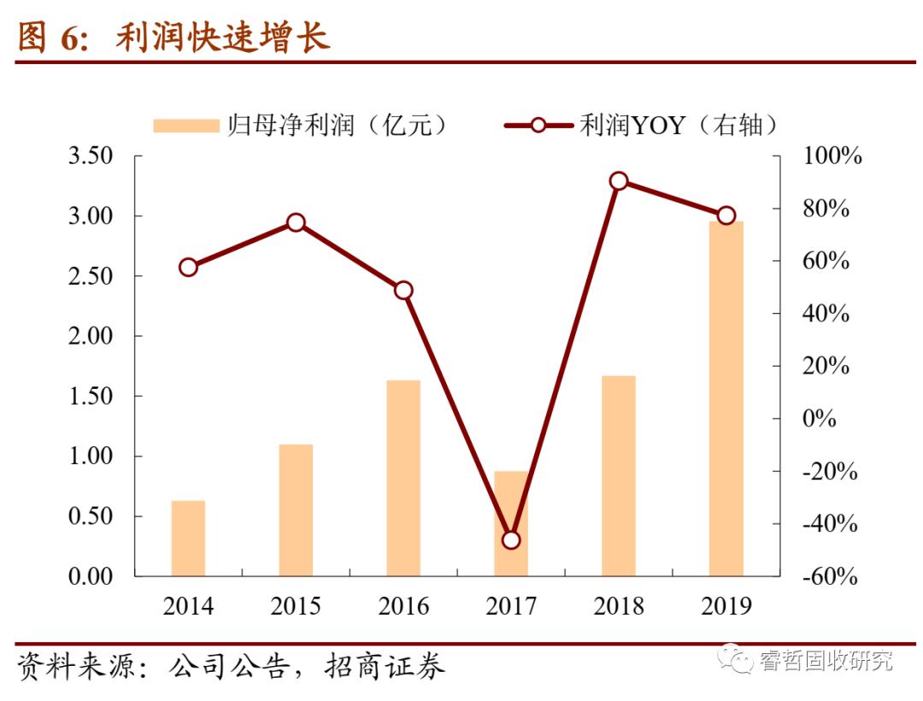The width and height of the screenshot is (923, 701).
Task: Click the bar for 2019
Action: click(726, 398)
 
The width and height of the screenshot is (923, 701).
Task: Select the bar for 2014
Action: click(188, 538)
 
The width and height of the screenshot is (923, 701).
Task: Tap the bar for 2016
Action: click(403, 478)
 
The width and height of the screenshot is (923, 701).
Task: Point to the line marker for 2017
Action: click(511, 540)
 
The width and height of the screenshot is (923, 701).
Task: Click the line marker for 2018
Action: click(619, 180)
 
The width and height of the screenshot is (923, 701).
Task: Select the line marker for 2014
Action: click(188, 268)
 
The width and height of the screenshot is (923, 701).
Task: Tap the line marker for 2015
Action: click(296, 222)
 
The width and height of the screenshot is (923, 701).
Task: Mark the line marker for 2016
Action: click(403, 291)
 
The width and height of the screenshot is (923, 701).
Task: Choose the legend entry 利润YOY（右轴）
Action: click(642, 126)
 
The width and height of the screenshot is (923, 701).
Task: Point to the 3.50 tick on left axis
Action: click(90, 156)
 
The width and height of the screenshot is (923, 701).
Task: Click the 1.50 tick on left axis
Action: click(90, 397)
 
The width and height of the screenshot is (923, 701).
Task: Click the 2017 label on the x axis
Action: click(511, 607)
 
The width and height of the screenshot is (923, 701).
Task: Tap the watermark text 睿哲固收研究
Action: click(825, 660)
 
